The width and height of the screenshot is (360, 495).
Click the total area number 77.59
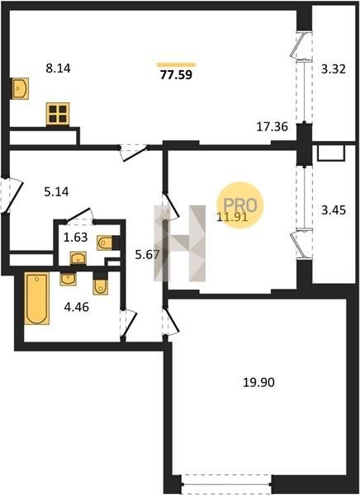tap(176, 75)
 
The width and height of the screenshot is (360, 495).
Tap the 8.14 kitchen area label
tap(58, 68)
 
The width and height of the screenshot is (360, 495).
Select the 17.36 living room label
tap(272, 127)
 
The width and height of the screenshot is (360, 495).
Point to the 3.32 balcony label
tap(334, 68)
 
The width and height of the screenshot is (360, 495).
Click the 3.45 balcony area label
tap(334, 210)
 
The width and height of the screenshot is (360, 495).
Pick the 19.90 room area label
tap(258, 382)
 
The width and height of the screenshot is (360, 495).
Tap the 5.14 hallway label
tap(56, 191)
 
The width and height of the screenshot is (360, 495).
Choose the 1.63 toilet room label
tap(75, 237)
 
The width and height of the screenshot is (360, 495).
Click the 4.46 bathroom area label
tap(76, 307)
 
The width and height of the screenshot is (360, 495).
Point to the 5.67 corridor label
tap(147, 254)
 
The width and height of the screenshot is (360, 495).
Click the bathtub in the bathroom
tap(36, 299)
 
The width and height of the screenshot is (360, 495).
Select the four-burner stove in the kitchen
tap(58, 114)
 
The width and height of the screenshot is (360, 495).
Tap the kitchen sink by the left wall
tap(20, 88)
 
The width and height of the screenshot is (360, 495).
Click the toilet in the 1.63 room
tap(105, 243)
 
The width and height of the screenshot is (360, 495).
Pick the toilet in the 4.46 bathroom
tap(101, 286)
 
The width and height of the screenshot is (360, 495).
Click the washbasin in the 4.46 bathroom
tap(68, 279)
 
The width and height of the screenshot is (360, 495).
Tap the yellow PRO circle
tap(240, 205)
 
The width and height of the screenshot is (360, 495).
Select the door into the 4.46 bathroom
tap(128, 324)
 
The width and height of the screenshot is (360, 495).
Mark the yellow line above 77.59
tap(177, 65)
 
